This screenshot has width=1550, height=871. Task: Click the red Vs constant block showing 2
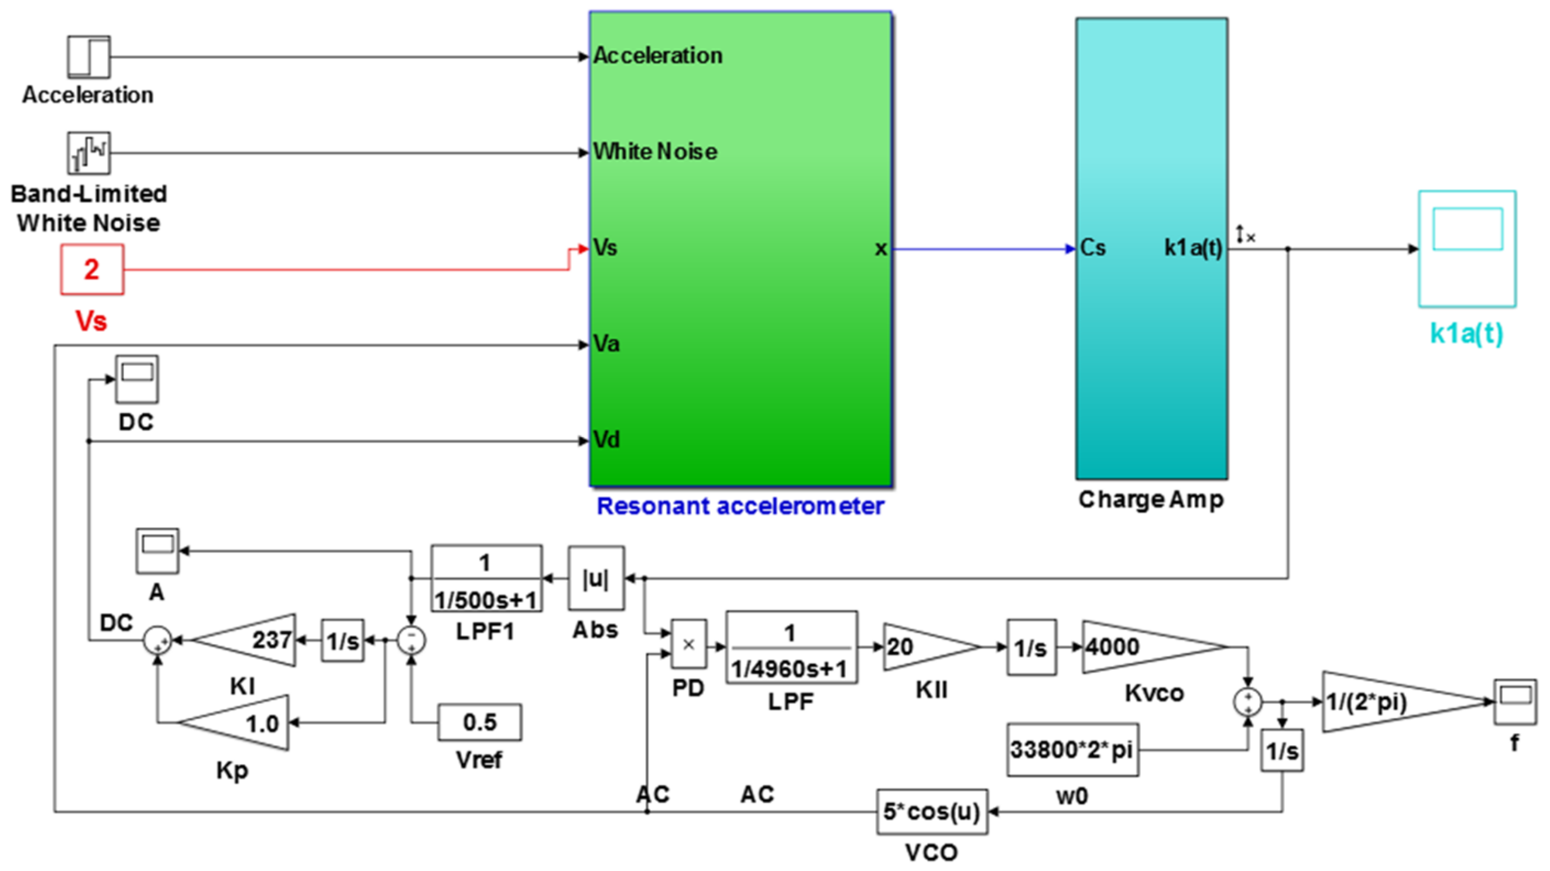pos(92,269)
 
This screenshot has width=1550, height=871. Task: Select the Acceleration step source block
pos(88,57)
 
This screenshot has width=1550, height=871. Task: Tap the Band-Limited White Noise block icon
pos(88,153)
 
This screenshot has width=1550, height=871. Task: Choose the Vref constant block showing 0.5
pos(479,722)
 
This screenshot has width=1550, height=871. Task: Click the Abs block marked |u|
pos(596,578)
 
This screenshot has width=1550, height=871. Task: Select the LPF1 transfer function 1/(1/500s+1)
pos(486,579)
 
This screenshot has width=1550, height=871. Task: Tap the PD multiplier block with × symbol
pos(688,644)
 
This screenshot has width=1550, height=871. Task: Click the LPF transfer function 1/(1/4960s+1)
pos(791,648)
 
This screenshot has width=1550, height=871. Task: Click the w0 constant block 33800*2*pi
pos(1072,750)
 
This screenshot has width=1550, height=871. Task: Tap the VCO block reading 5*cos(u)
pos(931,812)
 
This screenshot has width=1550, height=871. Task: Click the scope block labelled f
pos(1514,702)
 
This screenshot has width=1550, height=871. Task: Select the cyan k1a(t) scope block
pos(1467,248)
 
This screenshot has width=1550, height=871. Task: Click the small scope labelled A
pos(157,550)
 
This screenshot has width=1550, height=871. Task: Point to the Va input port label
pos(606,344)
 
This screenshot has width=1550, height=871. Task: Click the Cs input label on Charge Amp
pos(1093,248)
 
